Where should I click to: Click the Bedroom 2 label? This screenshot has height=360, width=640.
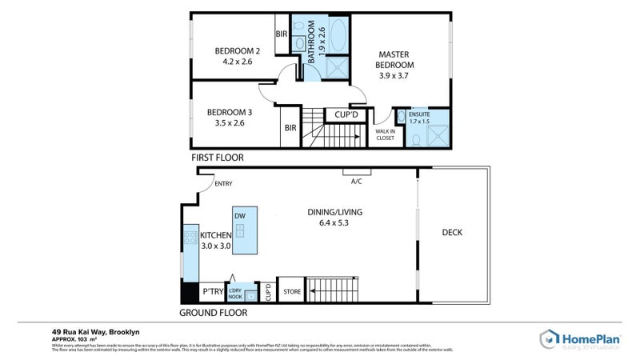[x=233, y=51]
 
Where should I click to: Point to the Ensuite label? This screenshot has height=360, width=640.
[x=419, y=115]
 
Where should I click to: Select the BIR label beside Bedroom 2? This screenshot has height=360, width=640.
[x=281, y=34]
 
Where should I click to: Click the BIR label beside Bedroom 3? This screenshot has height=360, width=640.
[x=289, y=127]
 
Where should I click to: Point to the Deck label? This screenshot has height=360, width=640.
[x=452, y=233]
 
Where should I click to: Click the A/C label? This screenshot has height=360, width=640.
[x=357, y=181]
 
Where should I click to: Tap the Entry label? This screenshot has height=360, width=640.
[x=224, y=185]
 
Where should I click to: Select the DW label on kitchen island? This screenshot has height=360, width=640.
[x=239, y=216]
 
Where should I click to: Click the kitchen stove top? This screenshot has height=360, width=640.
[x=190, y=236]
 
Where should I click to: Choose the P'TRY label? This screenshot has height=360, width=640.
[x=212, y=291]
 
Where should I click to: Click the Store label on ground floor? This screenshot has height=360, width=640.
[x=292, y=291]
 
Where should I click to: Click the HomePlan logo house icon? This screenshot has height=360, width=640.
[x=549, y=338]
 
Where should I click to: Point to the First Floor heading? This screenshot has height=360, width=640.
[x=217, y=158]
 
